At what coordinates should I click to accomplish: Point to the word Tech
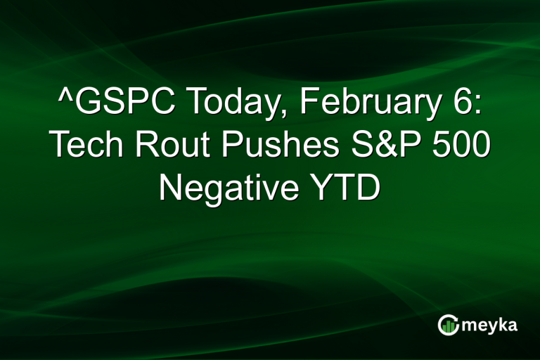tap(86, 146)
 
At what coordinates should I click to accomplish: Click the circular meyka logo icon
tap(448, 325)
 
